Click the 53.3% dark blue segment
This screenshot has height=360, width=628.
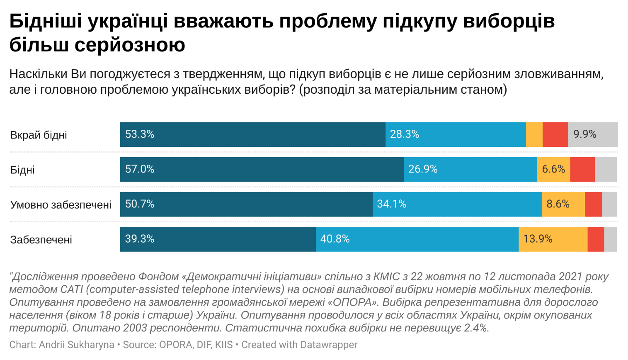click(253, 134)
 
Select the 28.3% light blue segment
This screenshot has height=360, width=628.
click(456, 134)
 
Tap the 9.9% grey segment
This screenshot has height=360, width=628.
click(593, 134)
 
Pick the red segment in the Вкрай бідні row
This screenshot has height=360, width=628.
click(555, 134)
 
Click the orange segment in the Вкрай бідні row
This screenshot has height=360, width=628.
click(534, 134)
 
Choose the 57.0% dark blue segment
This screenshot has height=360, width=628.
click(262, 169)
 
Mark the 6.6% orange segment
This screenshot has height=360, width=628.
click(553, 169)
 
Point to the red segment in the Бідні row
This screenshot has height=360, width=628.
click(582, 169)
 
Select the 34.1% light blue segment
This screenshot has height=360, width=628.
click(457, 204)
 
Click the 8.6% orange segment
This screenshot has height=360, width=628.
click(563, 204)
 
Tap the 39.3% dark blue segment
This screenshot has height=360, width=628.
click(218, 239)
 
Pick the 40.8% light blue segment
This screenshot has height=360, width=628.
click(417, 239)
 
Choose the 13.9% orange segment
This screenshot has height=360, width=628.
click(553, 239)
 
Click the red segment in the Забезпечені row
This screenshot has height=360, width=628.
click(596, 239)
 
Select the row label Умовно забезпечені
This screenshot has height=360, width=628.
click(61, 205)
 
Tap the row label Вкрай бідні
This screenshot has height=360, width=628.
click(39, 135)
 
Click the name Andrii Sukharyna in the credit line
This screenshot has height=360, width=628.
click(77, 345)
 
